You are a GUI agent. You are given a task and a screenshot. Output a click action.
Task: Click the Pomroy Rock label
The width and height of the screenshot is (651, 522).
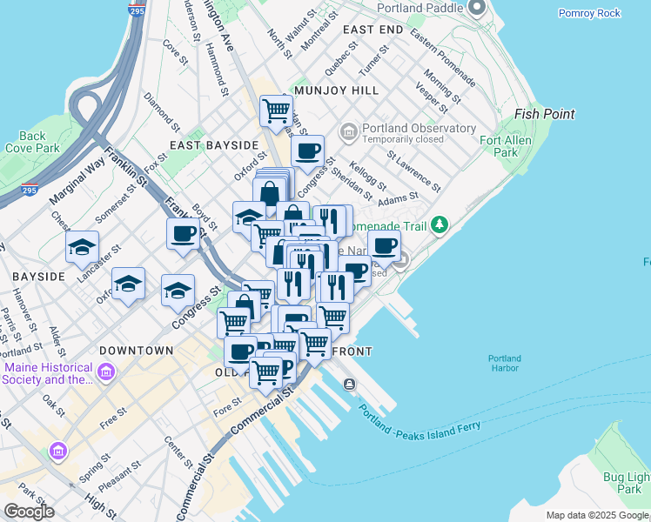pyautogui.click(x=589, y=13)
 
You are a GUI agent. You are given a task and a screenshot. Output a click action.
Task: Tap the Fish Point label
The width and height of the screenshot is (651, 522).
pyautogui.click(x=545, y=114)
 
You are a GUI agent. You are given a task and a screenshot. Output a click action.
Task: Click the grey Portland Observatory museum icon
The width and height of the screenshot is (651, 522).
pyautogui.click(x=349, y=133)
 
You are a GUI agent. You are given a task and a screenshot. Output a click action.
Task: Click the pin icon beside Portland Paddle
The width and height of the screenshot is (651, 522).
pyautogui.click(x=476, y=9)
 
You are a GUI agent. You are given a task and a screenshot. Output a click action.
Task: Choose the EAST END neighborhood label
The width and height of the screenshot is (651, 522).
pyautogui.click(x=372, y=30)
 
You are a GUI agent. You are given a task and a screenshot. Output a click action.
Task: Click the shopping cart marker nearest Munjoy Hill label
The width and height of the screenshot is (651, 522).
pyautogui.click(x=276, y=110)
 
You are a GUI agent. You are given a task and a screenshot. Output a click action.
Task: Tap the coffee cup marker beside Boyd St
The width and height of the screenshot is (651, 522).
pyautogui.click(x=184, y=233)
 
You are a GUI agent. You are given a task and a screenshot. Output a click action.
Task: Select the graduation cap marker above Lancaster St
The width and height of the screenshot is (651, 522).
pyautogui.click(x=82, y=247)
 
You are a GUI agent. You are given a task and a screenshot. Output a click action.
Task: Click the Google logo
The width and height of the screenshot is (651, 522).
pyautogui.click(x=29, y=512)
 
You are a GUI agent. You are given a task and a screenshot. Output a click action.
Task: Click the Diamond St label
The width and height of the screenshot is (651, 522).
pyautogui.click(x=162, y=109)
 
